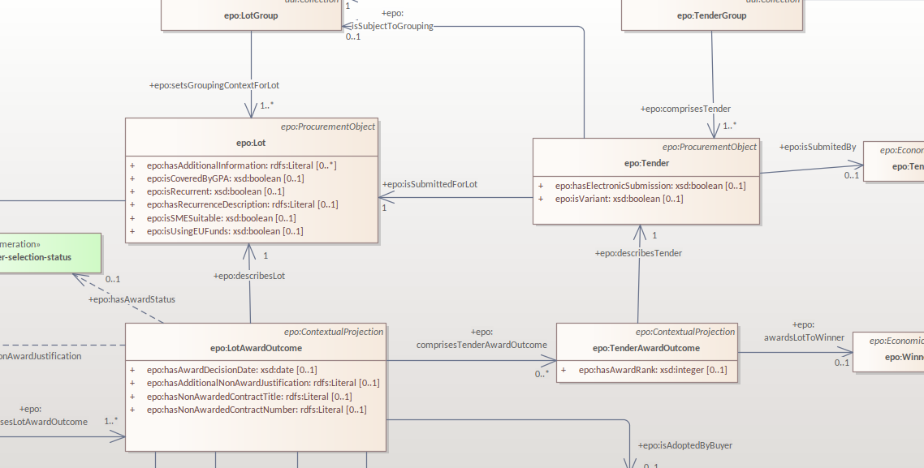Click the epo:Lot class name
tap(251, 143)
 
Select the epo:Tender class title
tap(646, 163)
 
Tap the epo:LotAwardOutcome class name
tap(256, 348)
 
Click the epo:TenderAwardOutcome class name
tap(646, 348)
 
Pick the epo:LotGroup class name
tap(251, 15)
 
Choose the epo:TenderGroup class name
tap(711, 15)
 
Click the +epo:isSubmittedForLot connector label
tap(430, 184)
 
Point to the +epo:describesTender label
tap(638, 253)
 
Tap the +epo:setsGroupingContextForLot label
tap(214, 85)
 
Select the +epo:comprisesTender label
tap(685, 109)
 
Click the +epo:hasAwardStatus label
tap(132, 299)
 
